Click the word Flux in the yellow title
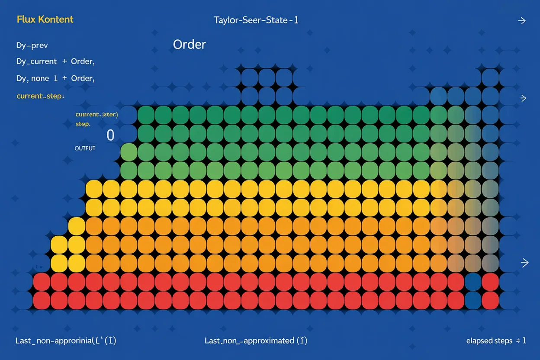click(25, 19)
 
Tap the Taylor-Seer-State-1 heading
click(256, 20)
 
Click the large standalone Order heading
click(189, 45)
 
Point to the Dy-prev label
click(32, 45)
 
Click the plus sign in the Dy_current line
click(65, 61)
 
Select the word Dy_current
click(36, 61)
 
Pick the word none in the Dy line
click(40, 78)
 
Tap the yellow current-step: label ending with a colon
click(40, 96)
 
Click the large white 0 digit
click(110, 135)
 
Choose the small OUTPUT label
click(85, 148)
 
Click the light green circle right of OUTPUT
click(129, 152)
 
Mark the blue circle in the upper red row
click(473, 282)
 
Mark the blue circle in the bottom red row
click(473, 299)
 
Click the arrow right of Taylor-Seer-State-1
click(522, 21)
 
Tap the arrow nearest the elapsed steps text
click(524, 263)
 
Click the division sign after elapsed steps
click(517, 341)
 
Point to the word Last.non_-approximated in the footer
click(249, 341)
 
